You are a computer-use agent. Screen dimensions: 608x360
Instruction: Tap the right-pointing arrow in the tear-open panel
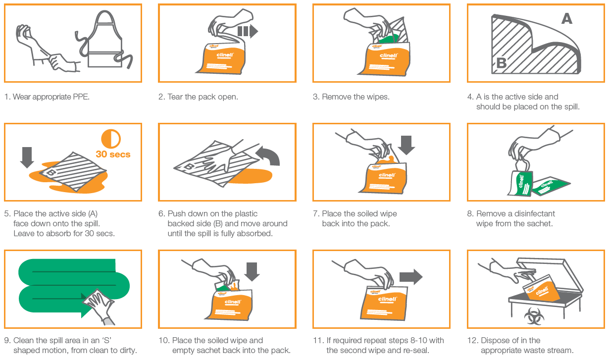tap(248, 31)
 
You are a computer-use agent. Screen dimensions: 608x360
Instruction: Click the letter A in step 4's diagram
tap(567, 18)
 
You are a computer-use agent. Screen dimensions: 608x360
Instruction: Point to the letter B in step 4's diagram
tap(502, 63)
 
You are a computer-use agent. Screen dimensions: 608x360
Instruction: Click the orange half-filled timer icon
tap(111, 139)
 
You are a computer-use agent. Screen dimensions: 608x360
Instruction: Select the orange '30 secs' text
tap(113, 154)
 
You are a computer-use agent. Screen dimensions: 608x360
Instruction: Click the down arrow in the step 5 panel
tap(27, 157)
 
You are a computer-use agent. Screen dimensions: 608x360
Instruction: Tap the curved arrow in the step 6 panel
tap(268, 155)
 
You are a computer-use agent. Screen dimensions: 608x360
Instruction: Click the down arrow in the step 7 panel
tap(406, 145)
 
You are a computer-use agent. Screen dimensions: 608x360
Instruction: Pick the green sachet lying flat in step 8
tap(551, 186)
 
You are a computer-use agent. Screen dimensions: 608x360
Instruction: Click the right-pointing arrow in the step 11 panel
tap(411, 277)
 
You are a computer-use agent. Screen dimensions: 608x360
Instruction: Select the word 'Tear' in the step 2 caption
tap(175, 97)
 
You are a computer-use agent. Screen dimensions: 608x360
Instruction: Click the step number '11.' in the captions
tap(318, 341)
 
